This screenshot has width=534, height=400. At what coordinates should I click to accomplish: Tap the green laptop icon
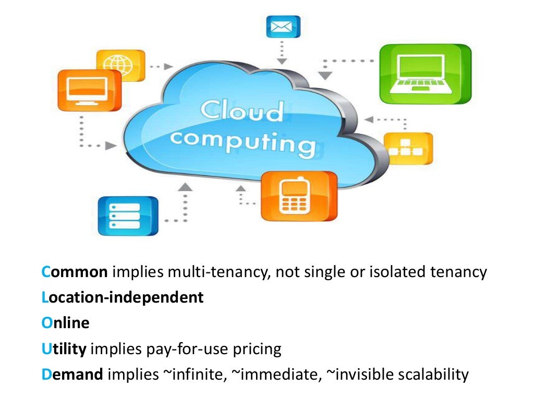[425, 73]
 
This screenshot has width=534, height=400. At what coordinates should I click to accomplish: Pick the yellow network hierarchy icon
[408, 148]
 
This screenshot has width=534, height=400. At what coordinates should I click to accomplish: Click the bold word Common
[75, 272]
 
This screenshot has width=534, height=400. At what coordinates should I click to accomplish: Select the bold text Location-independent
[123, 297]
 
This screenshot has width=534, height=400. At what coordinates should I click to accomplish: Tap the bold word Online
[66, 323]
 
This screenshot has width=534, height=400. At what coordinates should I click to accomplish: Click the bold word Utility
[64, 348]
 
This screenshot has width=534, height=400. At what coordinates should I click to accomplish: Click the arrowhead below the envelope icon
[282, 61]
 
